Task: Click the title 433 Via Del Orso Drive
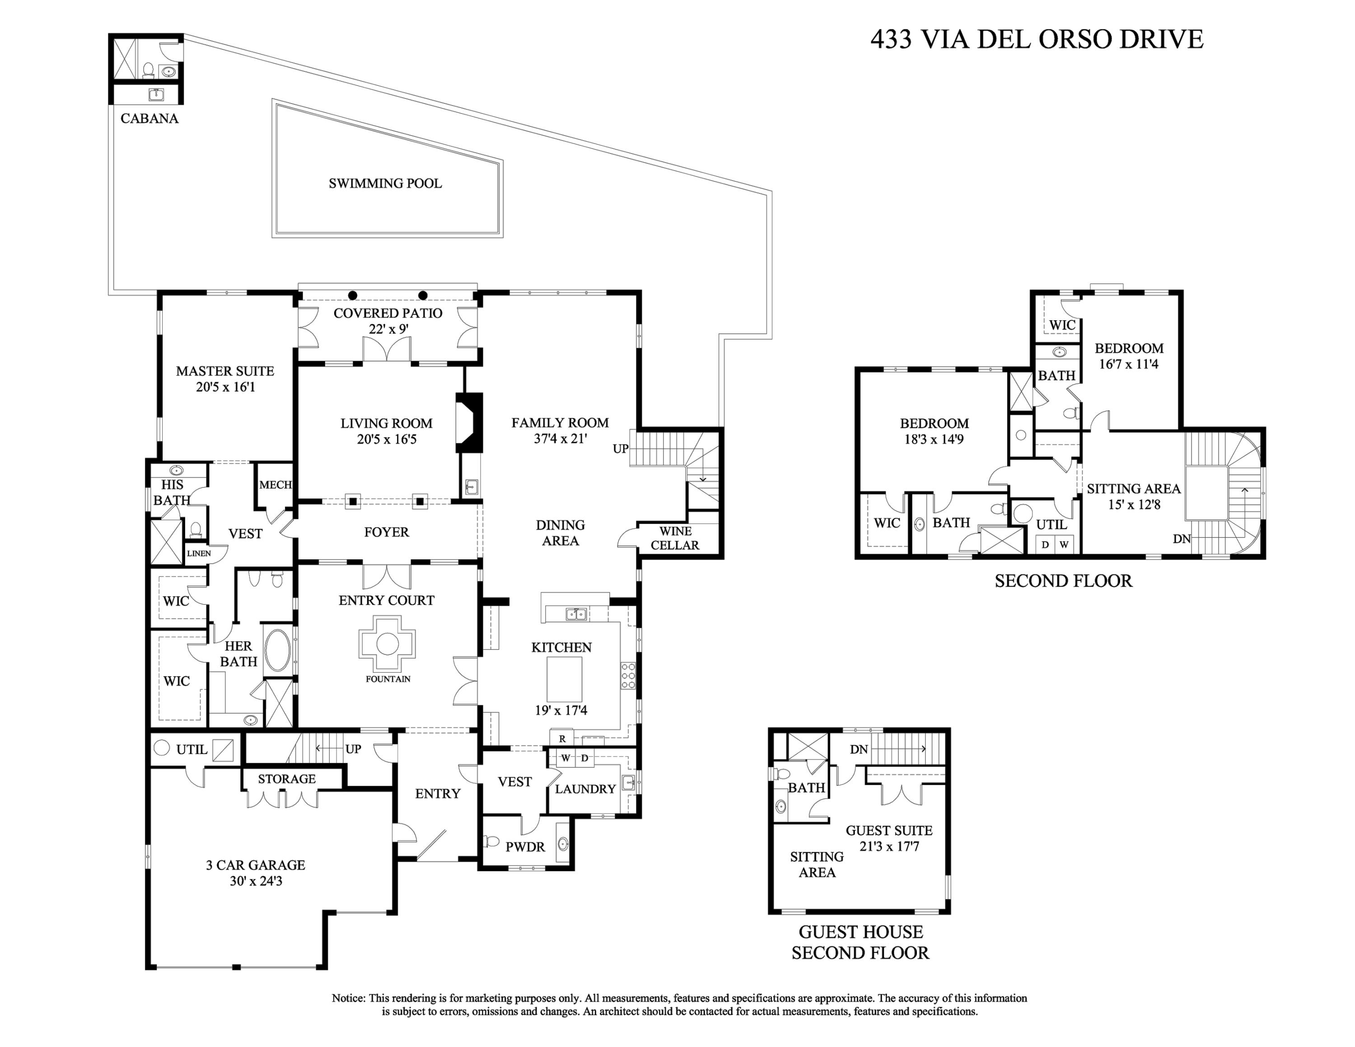click(x=1036, y=39)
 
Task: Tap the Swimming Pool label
click(x=385, y=183)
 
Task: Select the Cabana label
click(x=149, y=118)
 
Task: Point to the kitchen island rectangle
click(x=564, y=678)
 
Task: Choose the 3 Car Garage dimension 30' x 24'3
click(x=256, y=881)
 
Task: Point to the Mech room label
click(x=275, y=485)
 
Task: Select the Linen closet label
click(x=199, y=553)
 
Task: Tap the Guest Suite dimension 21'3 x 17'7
click(x=889, y=846)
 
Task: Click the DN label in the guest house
click(x=859, y=749)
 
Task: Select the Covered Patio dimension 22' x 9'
click(x=388, y=329)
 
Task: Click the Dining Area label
click(x=560, y=533)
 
